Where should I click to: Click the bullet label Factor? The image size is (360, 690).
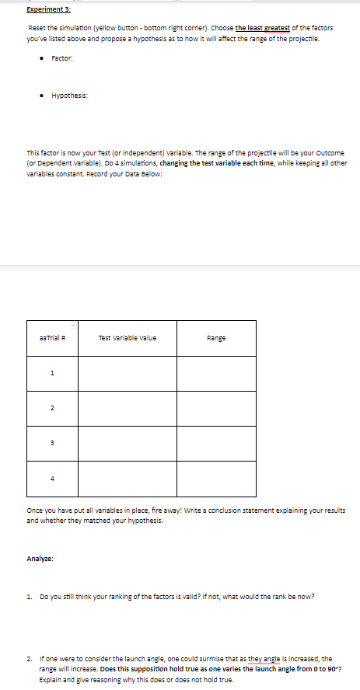click(x=61, y=58)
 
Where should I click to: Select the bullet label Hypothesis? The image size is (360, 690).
click(x=69, y=96)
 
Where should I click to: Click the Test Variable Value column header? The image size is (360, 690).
click(x=128, y=338)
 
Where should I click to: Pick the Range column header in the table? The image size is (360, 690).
click(x=216, y=338)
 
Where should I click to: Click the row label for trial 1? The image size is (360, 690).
click(x=51, y=373)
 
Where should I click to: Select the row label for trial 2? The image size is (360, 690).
click(x=51, y=408)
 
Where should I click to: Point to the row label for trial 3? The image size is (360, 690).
click(x=51, y=443)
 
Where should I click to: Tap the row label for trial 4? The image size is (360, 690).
click(x=51, y=479)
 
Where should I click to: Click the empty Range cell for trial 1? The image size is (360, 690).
click(x=216, y=373)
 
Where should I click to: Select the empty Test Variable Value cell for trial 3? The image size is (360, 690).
click(x=128, y=443)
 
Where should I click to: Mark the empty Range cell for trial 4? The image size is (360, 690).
click(x=216, y=479)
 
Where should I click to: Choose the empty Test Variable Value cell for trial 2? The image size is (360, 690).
click(x=128, y=408)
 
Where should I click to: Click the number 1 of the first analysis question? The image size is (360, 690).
click(x=29, y=596)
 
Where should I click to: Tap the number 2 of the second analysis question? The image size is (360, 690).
click(x=29, y=657)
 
